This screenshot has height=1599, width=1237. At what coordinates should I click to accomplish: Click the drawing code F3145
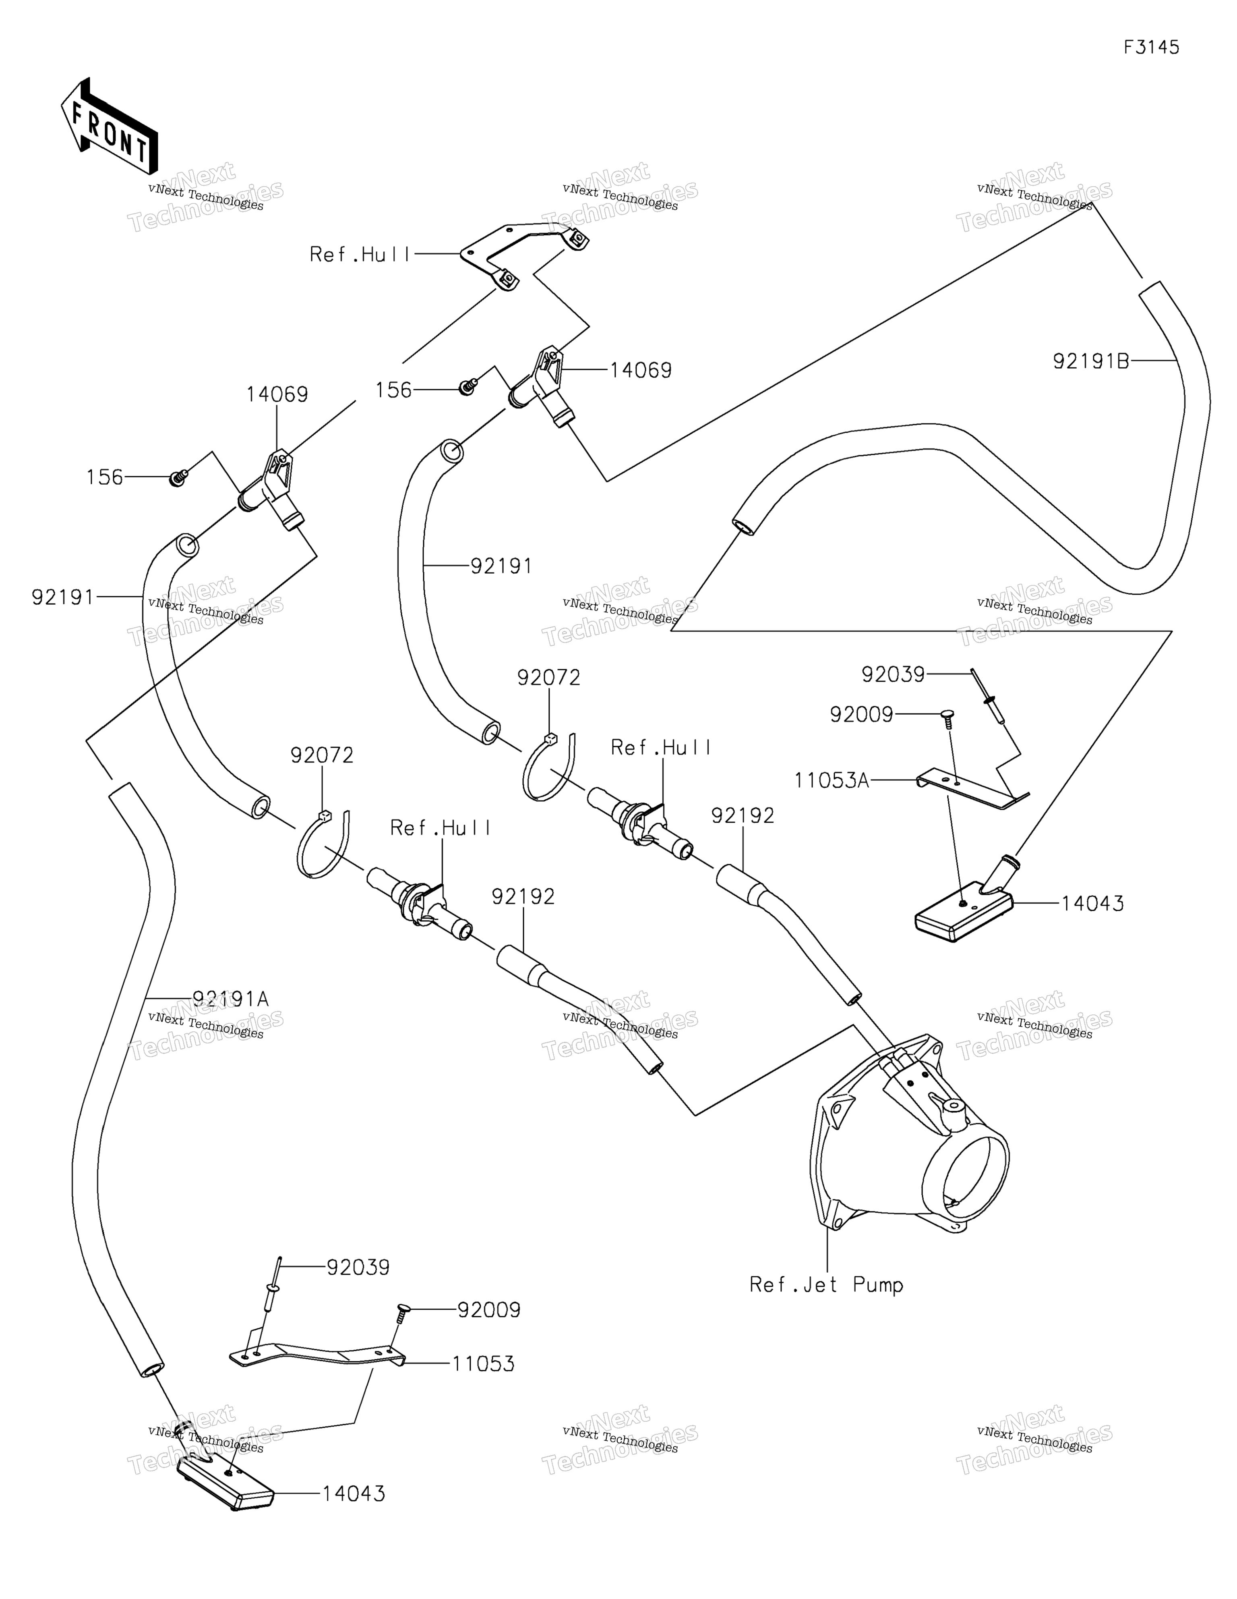(1151, 48)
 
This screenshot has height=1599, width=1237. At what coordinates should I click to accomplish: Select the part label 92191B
(1090, 361)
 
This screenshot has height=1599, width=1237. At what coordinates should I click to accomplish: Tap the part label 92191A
(231, 999)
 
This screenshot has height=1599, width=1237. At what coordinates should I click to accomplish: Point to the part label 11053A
(832, 781)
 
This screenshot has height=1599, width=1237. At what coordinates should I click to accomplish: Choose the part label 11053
(483, 1364)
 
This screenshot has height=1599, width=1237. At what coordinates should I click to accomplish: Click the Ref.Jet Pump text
(826, 1285)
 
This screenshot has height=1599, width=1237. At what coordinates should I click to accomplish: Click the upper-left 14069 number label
(277, 395)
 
